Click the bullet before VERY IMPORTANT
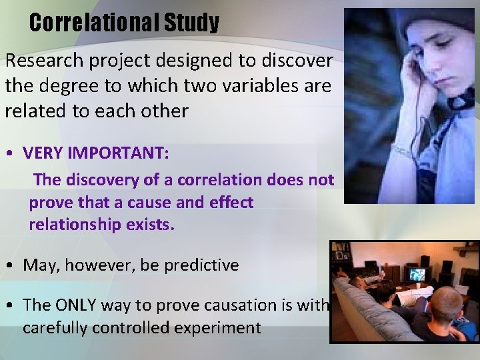[x=11, y=153]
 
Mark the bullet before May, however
[x=11, y=265]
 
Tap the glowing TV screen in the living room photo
[x=417, y=273]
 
